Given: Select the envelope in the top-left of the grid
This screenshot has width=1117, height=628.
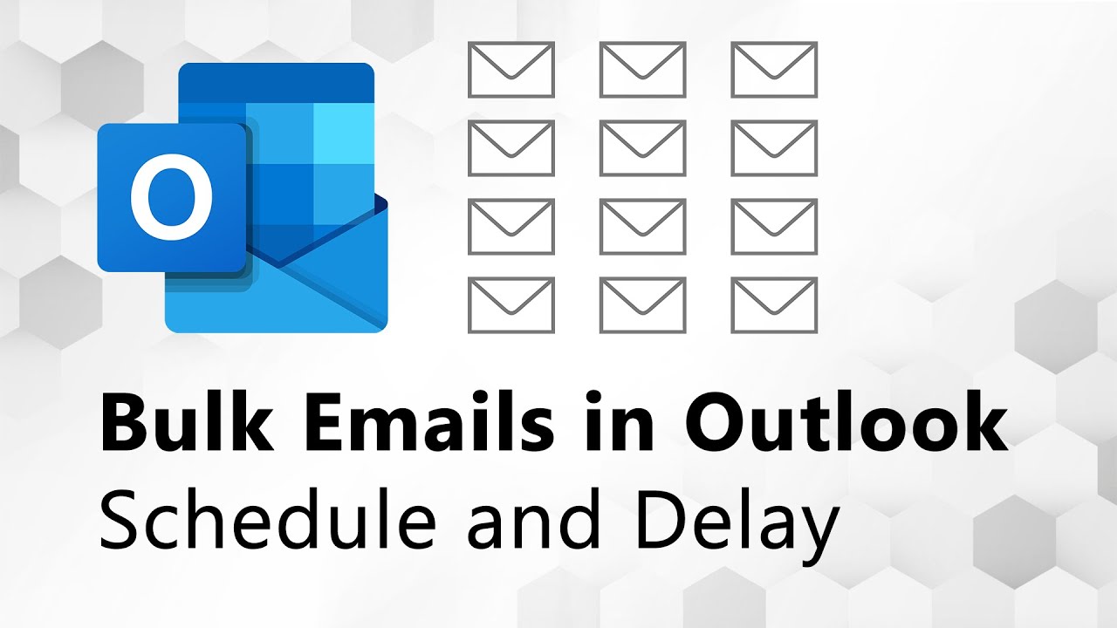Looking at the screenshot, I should click(511, 71).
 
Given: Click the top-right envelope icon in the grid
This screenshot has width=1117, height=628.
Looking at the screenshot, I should click(774, 71).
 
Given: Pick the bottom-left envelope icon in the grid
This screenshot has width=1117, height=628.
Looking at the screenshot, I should click(511, 305).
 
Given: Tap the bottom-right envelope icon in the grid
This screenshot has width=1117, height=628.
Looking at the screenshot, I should click(774, 305).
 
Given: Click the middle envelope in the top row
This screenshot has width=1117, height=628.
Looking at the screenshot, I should click(643, 71).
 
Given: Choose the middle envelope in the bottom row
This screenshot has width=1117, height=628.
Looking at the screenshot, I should click(643, 305).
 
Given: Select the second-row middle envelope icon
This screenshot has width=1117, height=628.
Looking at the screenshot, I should click(643, 148).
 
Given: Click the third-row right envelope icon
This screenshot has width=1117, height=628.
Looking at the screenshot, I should click(774, 227).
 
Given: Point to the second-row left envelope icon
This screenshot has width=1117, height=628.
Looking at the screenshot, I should click(511, 148).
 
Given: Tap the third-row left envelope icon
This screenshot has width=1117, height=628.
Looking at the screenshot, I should click(511, 227).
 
